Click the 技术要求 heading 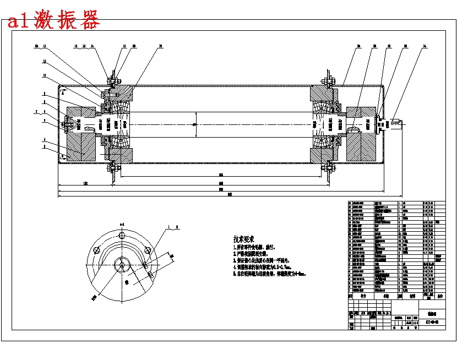[x=243, y=239]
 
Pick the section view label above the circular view [x=122, y=224]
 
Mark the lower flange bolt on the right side [x=330, y=165]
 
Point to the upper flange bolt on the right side [x=330, y=83]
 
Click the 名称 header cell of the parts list [x=385, y=296]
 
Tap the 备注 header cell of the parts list [x=439, y=296]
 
